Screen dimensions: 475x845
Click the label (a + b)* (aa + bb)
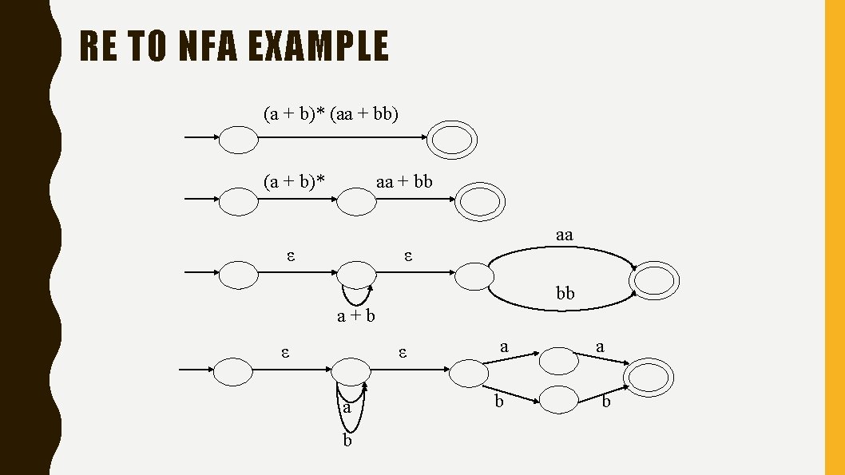pos(331,114)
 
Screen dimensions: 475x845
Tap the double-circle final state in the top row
pos(452,141)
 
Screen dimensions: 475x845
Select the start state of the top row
pos(239,141)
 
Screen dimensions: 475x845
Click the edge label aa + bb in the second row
pos(404,182)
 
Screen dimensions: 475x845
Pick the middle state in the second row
pos(356,202)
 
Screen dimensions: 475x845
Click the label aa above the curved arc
pos(565,235)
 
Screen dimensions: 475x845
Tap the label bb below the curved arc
pos(565,294)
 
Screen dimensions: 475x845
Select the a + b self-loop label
pos(355,317)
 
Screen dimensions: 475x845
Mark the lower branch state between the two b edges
pos(558,399)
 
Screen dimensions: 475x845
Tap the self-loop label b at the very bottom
pos(347,441)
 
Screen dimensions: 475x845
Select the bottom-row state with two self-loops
pos(351,370)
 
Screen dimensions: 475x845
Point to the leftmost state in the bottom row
pos(233,371)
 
